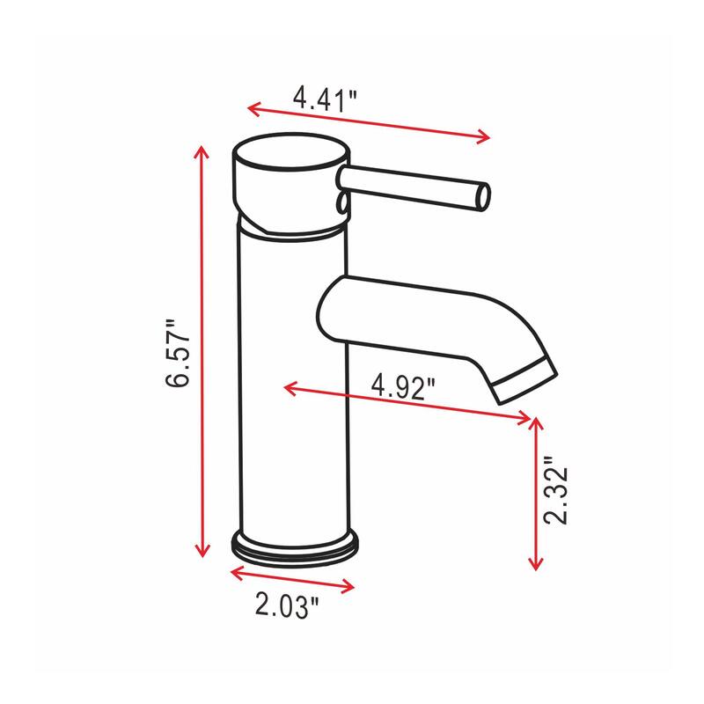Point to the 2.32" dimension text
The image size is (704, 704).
(x=555, y=491)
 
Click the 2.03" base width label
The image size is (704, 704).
(x=287, y=605)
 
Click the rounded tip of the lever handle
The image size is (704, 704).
(x=482, y=195)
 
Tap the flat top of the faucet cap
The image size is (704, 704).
(x=286, y=159)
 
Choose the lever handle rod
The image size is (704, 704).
(x=414, y=186)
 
